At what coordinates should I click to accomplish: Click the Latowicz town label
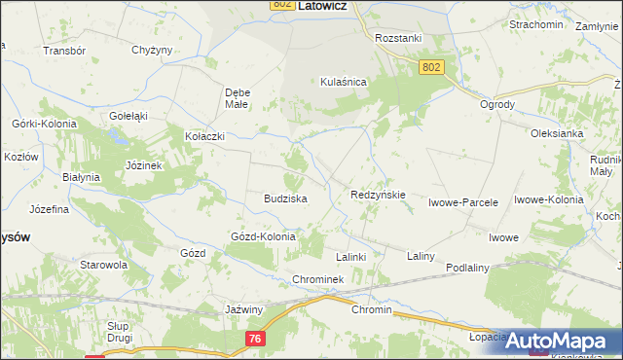[x=325, y=5]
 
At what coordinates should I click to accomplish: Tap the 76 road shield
[x=255, y=337]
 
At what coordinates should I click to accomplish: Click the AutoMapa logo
[x=564, y=341]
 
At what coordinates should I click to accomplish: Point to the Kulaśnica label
[x=343, y=83]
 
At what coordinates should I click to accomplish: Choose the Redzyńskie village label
[x=378, y=195]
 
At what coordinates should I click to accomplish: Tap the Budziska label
[x=285, y=198]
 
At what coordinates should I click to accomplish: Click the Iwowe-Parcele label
[x=463, y=203]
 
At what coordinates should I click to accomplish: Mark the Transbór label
[x=65, y=50]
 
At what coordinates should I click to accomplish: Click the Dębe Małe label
[x=238, y=98]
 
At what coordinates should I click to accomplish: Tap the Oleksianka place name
[x=556, y=133]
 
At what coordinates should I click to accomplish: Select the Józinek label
[x=143, y=165]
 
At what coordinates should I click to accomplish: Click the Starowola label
[x=104, y=264]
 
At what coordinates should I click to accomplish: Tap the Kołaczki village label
[x=204, y=137]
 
